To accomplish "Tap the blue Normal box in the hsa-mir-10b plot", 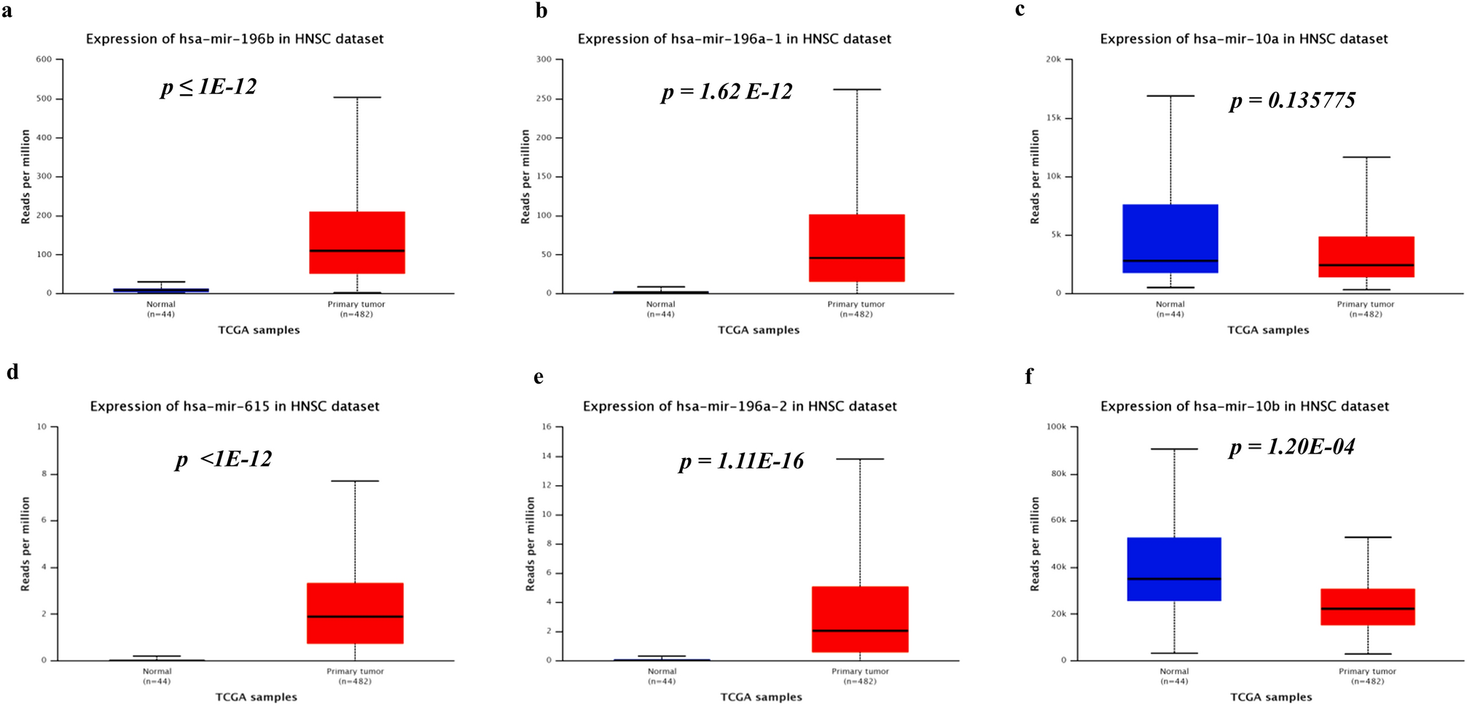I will pyautogui.click(x=1174, y=569).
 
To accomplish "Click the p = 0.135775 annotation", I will pyautogui.click(x=1292, y=101).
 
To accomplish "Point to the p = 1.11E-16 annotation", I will pyautogui.click(x=741, y=462).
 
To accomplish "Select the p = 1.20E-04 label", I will pyautogui.click(x=1291, y=447).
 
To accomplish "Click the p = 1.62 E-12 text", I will pyautogui.click(x=726, y=93).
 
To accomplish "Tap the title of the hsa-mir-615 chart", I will pyautogui.click(x=235, y=406).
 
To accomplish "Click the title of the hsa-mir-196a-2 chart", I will pyautogui.click(x=740, y=406).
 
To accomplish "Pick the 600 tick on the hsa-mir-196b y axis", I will pyautogui.click(x=44, y=60).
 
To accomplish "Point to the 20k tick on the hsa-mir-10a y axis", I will pyautogui.click(x=1053, y=60).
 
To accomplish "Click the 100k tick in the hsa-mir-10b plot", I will pyautogui.click(x=1056, y=427).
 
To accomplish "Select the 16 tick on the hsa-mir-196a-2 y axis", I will pyautogui.click(x=547, y=427).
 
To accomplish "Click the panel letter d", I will pyautogui.click(x=12, y=373).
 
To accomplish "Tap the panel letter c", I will pyautogui.click(x=1020, y=9).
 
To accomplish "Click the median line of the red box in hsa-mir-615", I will pyautogui.click(x=355, y=617).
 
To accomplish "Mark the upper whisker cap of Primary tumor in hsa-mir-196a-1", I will pyautogui.click(x=857, y=90).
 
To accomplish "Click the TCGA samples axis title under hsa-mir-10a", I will pyautogui.click(x=1268, y=330).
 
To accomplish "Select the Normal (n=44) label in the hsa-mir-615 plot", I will pyautogui.click(x=157, y=676).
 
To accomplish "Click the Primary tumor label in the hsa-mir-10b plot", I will pyautogui.click(x=1367, y=672).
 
